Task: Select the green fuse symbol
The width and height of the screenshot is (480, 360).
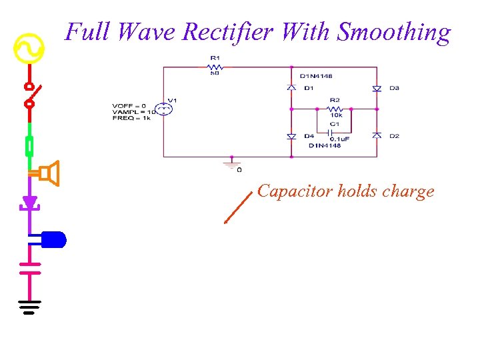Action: [29, 145]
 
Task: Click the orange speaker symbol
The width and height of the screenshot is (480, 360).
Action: [49, 173]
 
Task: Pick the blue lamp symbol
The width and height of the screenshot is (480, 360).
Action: [53, 239]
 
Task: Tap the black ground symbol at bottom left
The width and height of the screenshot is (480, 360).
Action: [29, 307]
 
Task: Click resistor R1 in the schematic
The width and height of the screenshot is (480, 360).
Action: [215, 67]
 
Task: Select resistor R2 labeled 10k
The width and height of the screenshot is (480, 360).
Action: [335, 108]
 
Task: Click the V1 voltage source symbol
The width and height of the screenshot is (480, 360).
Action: [163, 109]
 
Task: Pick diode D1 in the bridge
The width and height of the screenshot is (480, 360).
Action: [291, 87]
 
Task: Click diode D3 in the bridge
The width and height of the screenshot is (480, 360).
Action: [377, 88]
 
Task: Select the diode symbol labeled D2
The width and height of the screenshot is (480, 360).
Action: [377, 135]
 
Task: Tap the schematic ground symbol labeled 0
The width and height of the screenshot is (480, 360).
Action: [231, 163]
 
